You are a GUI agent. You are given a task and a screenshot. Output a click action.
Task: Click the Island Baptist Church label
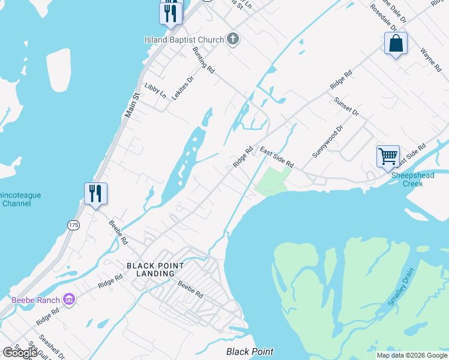(x=184, y=40)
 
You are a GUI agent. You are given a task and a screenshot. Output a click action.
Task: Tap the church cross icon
(x=233, y=40)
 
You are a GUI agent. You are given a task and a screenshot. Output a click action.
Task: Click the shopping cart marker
(x=388, y=155)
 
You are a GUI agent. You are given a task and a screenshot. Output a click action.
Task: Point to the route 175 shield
(x=73, y=225)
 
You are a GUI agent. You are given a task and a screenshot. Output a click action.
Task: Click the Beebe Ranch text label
(x=35, y=300)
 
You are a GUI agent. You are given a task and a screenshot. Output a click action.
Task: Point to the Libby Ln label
(x=155, y=91)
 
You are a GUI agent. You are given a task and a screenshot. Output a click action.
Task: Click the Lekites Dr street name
(x=182, y=88)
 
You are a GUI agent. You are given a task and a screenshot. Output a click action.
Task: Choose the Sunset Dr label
(x=346, y=107)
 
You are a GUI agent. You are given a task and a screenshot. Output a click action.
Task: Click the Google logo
(x=20, y=353)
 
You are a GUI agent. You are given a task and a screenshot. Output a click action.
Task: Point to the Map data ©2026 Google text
(x=412, y=355)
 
